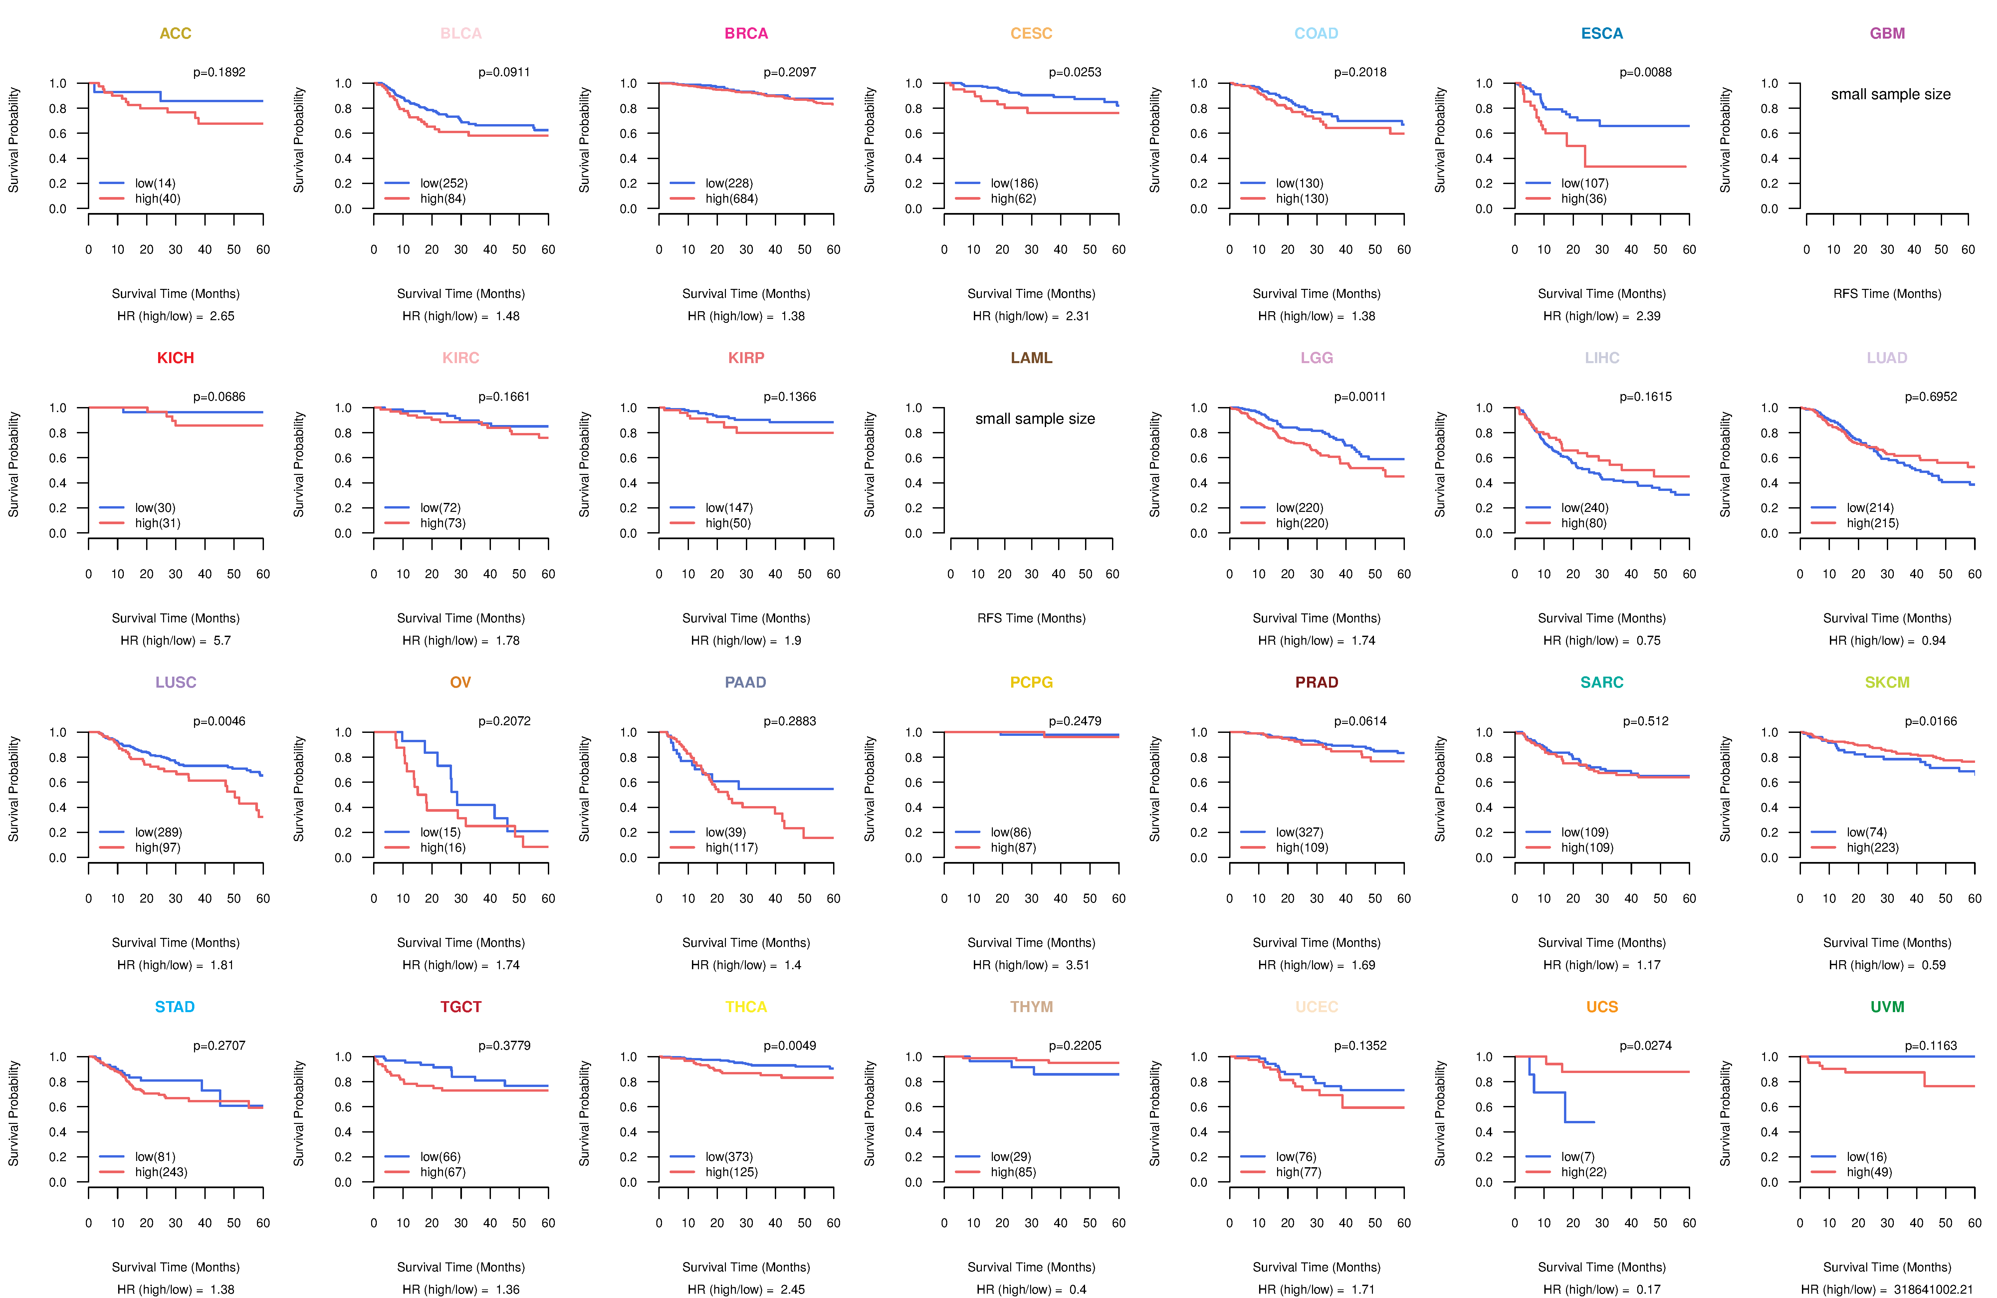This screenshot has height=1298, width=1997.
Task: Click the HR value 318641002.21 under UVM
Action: coord(1932,1290)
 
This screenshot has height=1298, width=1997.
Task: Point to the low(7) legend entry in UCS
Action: coord(1577,1157)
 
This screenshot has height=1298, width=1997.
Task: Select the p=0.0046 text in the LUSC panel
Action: coord(219,722)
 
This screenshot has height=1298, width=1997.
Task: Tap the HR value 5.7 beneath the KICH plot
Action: coord(222,641)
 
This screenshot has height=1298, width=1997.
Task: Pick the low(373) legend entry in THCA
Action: coord(728,1157)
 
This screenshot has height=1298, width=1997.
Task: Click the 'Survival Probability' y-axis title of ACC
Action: coord(13,140)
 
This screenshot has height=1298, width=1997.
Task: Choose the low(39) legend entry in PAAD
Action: coord(725,832)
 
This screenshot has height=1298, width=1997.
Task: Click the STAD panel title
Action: coord(174,1007)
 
